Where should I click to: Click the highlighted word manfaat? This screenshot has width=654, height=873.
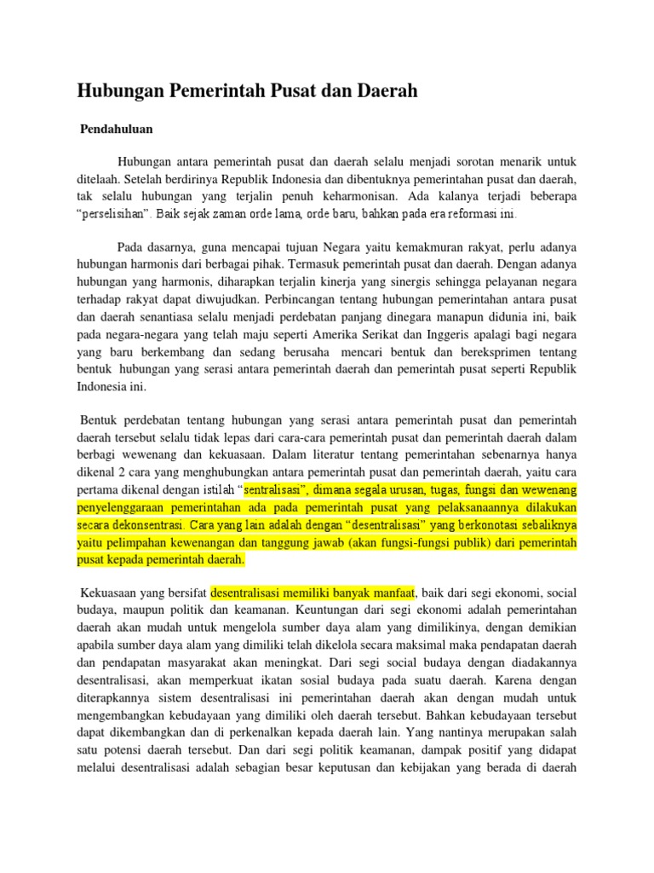pos(390,592)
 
